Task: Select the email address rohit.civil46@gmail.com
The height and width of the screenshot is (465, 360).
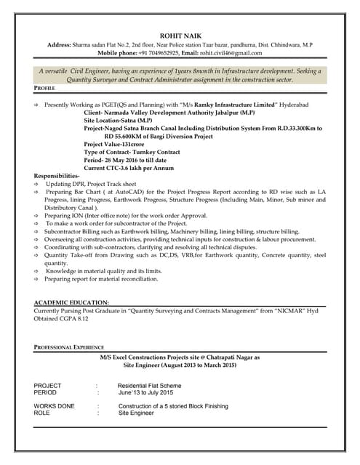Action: pos(231,53)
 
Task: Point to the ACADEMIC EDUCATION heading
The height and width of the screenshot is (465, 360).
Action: pos(71,302)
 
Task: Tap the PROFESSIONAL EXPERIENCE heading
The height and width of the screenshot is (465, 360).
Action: pos(68,347)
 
